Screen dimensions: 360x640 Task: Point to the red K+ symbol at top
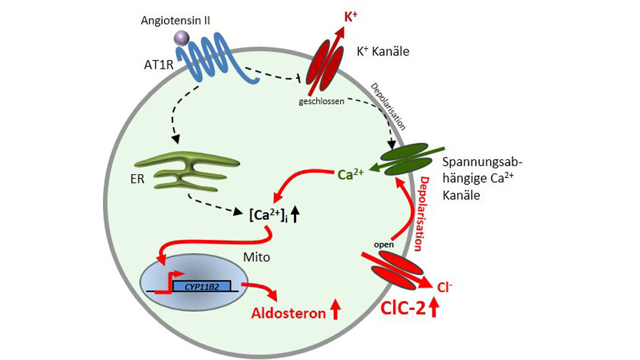pos(351,16)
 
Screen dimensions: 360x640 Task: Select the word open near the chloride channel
pos(383,245)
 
